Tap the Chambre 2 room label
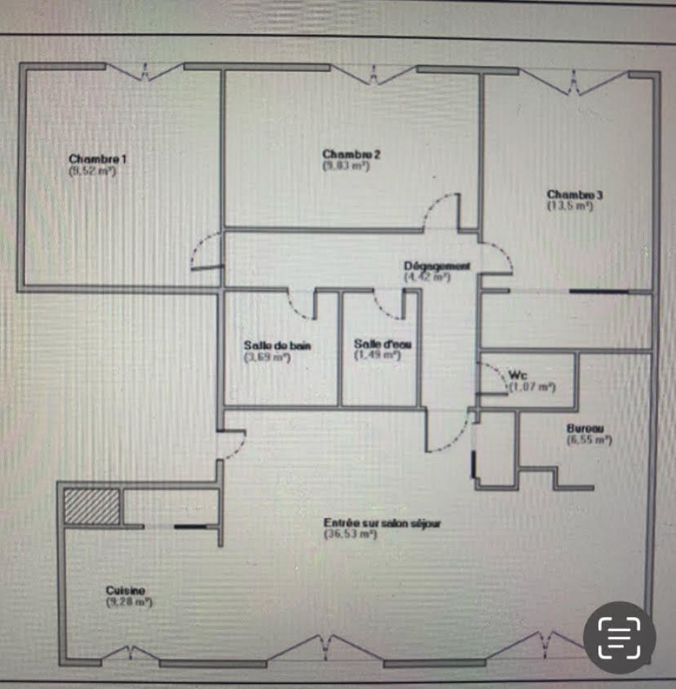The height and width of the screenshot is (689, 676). (351, 154)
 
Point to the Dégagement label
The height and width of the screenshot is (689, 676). (437, 266)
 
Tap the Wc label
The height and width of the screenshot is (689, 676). (518, 375)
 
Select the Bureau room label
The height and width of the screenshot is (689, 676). (585, 429)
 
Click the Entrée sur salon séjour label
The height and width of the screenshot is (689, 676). (383, 523)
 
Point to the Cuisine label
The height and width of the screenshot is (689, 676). (126, 590)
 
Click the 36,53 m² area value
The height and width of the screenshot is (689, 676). (350, 535)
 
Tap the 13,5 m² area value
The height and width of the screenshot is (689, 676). (571, 206)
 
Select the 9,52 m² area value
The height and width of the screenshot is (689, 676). (93, 170)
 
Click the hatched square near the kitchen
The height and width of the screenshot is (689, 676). (91, 506)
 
